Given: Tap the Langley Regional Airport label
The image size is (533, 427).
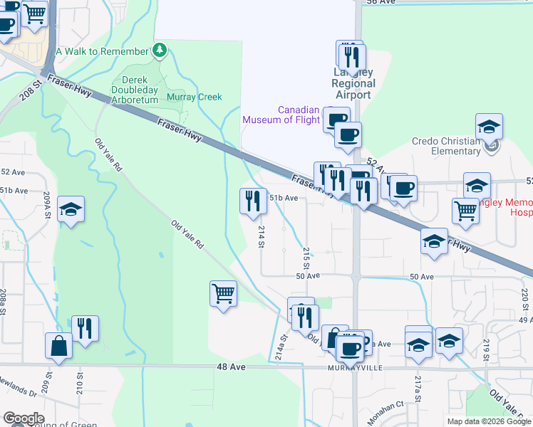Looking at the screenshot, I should click(x=353, y=84).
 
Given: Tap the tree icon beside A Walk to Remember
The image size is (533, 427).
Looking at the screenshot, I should click(x=160, y=51).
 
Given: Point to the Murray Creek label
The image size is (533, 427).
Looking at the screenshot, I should click(x=194, y=97).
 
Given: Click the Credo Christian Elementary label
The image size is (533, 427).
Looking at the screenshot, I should click(x=446, y=146).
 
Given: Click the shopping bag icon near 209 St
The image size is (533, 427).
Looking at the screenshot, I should click(x=59, y=347).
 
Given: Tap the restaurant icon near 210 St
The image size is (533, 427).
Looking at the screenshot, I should click(x=85, y=329).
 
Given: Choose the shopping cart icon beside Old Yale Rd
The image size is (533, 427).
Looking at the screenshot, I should click(x=223, y=293).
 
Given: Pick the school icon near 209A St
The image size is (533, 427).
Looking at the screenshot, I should click(x=71, y=209).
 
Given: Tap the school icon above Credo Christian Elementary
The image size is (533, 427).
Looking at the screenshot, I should click(x=490, y=127).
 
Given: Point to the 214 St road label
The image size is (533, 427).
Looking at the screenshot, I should click(x=262, y=232).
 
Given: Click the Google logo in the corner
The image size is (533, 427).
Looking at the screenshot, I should click(x=24, y=418).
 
